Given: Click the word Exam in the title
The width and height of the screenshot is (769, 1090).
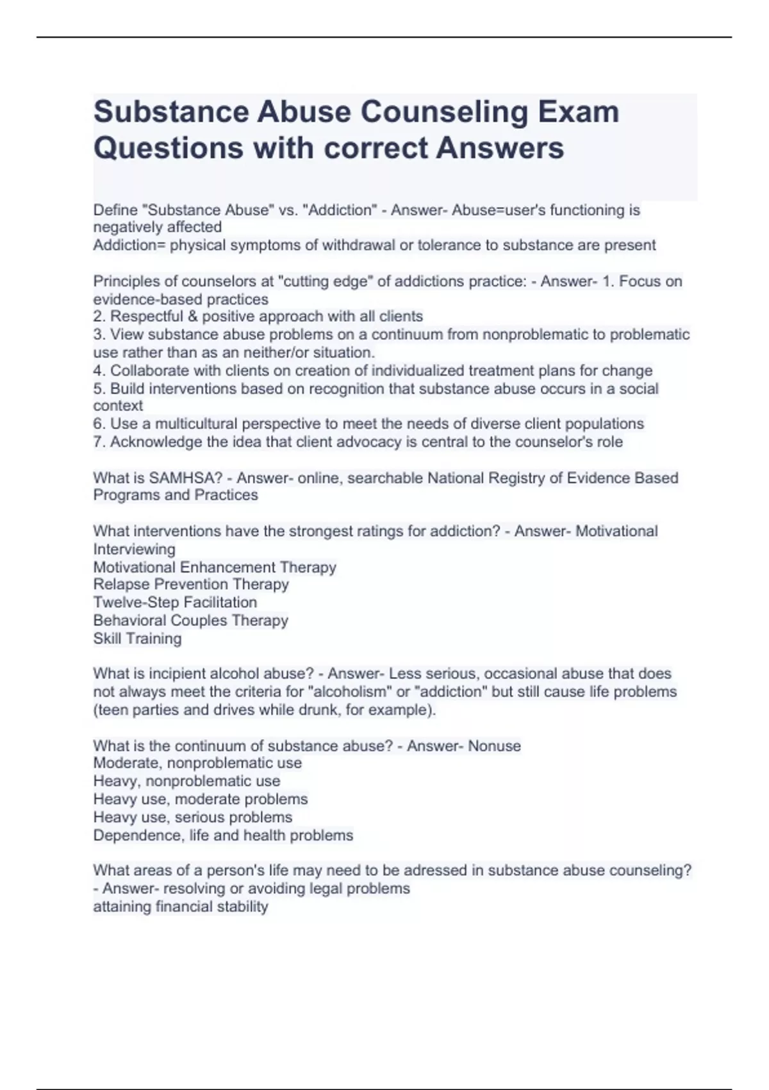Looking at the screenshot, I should [x=578, y=112].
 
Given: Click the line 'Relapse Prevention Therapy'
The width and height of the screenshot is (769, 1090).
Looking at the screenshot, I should [x=191, y=584].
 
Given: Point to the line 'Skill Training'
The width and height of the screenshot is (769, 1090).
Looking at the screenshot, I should [x=137, y=639].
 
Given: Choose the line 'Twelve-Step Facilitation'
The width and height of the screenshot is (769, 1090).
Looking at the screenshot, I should [x=175, y=602].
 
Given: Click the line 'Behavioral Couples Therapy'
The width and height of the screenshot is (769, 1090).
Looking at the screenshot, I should [x=190, y=620].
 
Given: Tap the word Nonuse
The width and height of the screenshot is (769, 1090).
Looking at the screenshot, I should [x=494, y=746].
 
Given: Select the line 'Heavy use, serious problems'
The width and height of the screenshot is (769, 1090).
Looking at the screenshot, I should [x=192, y=817].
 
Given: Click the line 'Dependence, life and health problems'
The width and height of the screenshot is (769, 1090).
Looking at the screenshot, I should [x=223, y=835].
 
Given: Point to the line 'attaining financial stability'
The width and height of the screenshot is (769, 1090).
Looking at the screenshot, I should [x=181, y=907].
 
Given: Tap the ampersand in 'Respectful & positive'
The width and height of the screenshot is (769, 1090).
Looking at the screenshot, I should [x=192, y=316].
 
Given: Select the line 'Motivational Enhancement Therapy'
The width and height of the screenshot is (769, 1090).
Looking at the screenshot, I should [x=215, y=567].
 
